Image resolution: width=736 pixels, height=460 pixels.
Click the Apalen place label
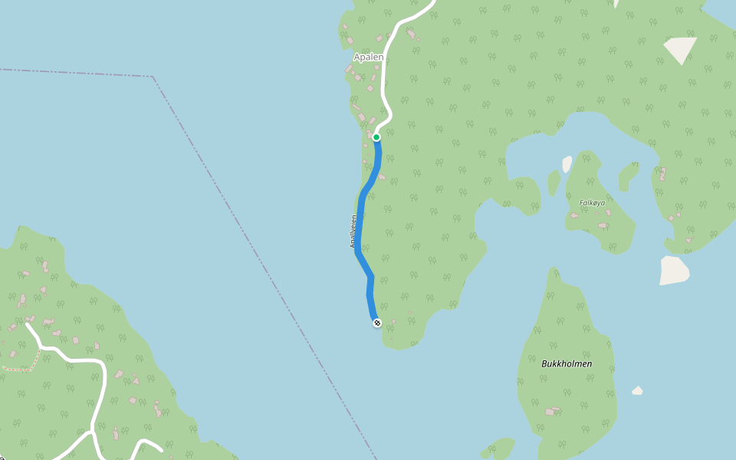click(x=368, y=57)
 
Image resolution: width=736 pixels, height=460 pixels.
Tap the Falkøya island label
click(x=592, y=203)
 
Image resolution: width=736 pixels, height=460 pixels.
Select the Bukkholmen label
click(x=567, y=363)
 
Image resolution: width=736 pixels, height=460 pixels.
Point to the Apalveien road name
click(x=353, y=231)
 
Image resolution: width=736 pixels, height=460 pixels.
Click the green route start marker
click(x=376, y=137)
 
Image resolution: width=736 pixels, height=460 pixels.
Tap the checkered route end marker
click(x=377, y=323)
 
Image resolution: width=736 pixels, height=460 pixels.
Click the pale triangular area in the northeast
click(x=679, y=48)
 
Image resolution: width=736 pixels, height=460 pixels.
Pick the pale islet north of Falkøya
click(x=567, y=164)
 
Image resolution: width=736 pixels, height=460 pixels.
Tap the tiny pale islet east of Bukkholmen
click(x=637, y=391)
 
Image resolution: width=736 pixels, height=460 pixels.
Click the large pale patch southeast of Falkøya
click(x=674, y=270)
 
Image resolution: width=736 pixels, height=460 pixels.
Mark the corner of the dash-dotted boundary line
click(x=153, y=77)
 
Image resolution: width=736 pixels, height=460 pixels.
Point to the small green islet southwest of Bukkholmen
click(x=499, y=449)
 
